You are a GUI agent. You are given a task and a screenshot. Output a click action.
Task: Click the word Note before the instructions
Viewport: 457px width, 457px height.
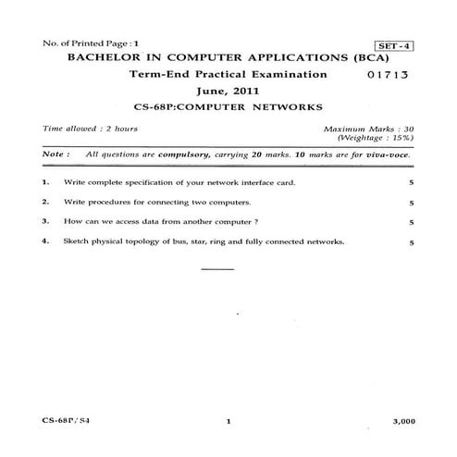[55, 155]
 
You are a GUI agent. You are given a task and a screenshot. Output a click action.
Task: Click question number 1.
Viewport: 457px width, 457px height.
[45, 183]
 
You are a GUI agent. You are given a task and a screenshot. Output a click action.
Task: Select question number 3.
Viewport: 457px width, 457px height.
[45, 222]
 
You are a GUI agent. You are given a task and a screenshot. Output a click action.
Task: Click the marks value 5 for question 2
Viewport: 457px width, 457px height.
[410, 203]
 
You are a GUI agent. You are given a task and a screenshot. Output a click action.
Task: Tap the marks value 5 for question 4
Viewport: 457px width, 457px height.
[410, 242]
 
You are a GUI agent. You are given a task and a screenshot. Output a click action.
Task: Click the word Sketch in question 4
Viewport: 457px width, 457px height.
[77, 242]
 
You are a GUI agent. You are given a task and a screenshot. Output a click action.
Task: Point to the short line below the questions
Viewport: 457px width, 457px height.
[217, 269]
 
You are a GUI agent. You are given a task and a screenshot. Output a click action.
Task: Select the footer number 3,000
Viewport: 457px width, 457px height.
[402, 421]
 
